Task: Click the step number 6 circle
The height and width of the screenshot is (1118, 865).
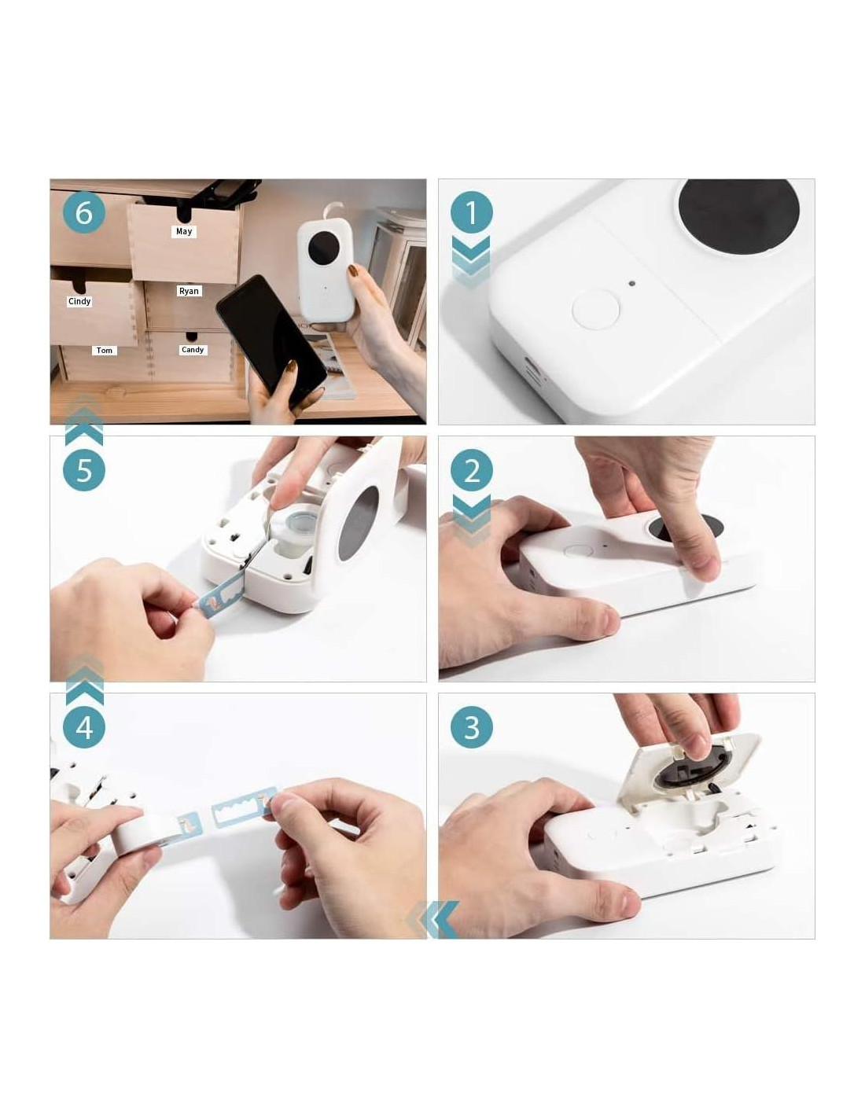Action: pyautogui.click(x=84, y=212)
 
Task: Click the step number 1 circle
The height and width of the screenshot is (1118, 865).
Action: pyautogui.click(x=471, y=212)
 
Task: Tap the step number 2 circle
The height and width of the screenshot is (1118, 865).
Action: pyautogui.click(x=471, y=470)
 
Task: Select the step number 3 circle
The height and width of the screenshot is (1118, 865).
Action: pyautogui.click(x=471, y=727)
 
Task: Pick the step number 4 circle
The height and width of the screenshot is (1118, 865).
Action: pyautogui.click(x=84, y=727)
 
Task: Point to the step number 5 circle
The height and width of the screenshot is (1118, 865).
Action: pyautogui.click(x=84, y=470)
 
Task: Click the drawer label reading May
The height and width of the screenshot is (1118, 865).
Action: pyautogui.click(x=184, y=231)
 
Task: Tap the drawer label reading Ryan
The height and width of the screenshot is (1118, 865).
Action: pyautogui.click(x=189, y=291)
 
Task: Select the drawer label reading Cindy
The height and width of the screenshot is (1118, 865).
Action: pyautogui.click(x=79, y=301)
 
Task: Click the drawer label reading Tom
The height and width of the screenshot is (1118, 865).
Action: pyautogui.click(x=105, y=351)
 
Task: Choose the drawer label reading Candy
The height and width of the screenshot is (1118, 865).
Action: pyautogui.click(x=193, y=350)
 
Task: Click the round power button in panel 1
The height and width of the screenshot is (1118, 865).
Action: pyautogui.click(x=595, y=309)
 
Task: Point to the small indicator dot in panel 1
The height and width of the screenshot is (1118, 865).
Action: pyautogui.click(x=632, y=283)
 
